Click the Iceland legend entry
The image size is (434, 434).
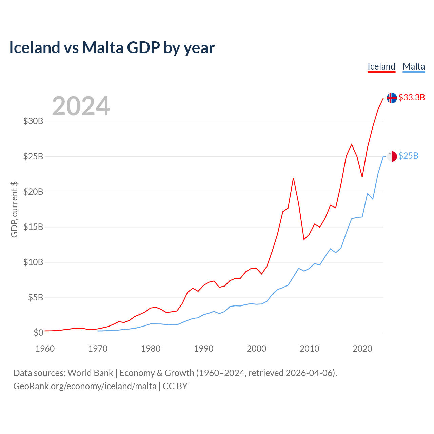pos(381,66)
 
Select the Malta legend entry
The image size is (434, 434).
pos(414,66)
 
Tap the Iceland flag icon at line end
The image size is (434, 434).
pos(392,98)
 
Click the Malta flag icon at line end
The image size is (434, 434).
pos(392,156)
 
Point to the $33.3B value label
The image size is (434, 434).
pos(412,98)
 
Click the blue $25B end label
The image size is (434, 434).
pos(408,156)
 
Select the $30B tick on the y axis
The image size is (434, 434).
pos(33,121)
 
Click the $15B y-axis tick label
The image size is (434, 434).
pos(33,227)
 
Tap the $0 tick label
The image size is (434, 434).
pos(38,333)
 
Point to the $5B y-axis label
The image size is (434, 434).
pos(36,297)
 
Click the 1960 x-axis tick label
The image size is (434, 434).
pos(45,349)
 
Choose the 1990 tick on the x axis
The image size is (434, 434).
pos(204,349)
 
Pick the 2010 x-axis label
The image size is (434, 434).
pos(310,349)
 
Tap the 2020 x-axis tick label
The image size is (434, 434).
pos(362,349)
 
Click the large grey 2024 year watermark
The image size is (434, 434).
pos(81,106)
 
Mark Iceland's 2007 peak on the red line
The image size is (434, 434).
pos(293,178)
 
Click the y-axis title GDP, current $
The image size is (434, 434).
pos(14,209)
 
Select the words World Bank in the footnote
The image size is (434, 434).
pos(90,373)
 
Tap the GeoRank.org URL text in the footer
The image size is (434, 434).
pos(85,386)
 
